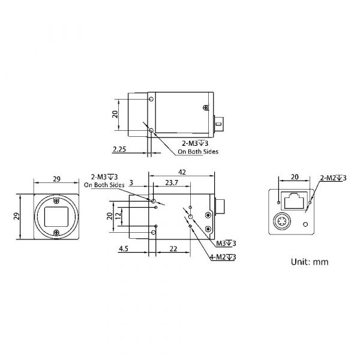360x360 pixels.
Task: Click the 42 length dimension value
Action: (182, 172)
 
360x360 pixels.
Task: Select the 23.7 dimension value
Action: (172, 183)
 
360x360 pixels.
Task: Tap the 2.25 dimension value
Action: (119, 149)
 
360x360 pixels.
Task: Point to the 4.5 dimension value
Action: (124, 248)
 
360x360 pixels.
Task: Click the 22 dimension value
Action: (173, 248)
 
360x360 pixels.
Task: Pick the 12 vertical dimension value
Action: (118, 216)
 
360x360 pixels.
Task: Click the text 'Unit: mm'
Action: (310, 262)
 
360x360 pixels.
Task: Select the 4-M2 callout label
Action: (223, 257)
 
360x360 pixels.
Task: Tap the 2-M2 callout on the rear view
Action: (333, 178)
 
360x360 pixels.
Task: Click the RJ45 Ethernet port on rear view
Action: (293, 200)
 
